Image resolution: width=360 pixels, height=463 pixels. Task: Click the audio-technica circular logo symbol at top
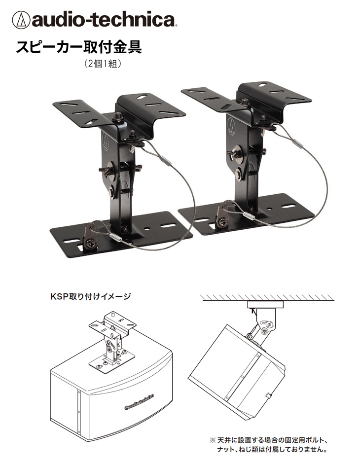coord(21,20)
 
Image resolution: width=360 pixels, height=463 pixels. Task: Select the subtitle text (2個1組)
coord(103,64)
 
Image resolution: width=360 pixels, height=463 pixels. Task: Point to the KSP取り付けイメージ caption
coord(91,296)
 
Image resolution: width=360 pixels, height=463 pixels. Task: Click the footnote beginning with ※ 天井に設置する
coord(269,445)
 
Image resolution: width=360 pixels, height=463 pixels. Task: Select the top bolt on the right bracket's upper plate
coord(244,102)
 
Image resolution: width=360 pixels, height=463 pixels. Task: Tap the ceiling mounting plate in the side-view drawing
coord(265,304)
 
